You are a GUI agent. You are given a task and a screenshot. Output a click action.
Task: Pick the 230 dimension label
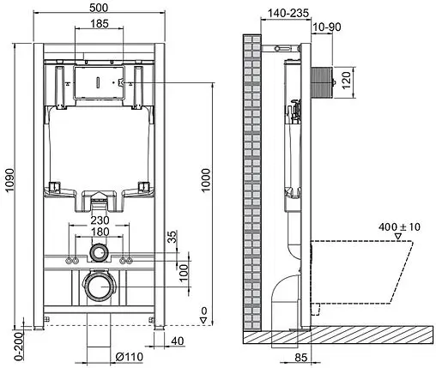pyautogui.click(x=100, y=220)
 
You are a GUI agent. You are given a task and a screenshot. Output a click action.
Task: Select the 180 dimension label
pyautogui.click(x=100, y=232)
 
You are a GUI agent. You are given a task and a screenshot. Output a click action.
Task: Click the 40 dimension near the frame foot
pyautogui.click(x=177, y=342)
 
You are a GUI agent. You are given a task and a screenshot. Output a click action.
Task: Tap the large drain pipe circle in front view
pyautogui.click(x=100, y=285)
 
